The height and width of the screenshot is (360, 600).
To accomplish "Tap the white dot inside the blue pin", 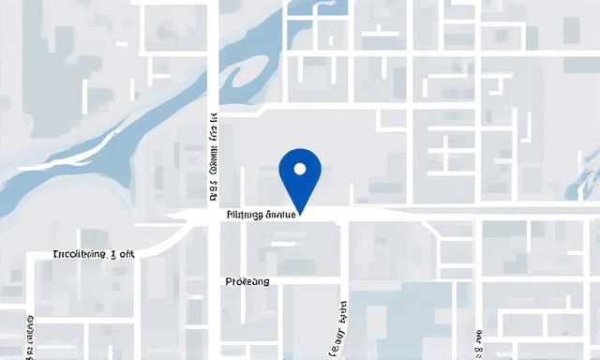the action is pyautogui.click(x=300, y=170).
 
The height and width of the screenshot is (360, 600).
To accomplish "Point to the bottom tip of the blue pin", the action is pyautogui.click(x=300, y=211).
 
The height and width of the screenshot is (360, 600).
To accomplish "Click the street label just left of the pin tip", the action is pyautogui.click(x=262, y=215).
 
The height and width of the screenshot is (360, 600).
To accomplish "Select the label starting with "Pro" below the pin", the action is pyautogui.click(x=247, y=281).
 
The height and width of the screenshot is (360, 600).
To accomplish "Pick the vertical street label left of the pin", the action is pyautogui.click(x=214, y=159).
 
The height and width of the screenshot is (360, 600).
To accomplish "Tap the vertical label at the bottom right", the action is pyautogui.click(x=478, y=343).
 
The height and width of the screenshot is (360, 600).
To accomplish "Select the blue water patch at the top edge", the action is pyautogui.click(x=334, y=7).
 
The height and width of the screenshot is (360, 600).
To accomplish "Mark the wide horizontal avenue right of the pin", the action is pyautogui.click(x=469, y=213).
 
